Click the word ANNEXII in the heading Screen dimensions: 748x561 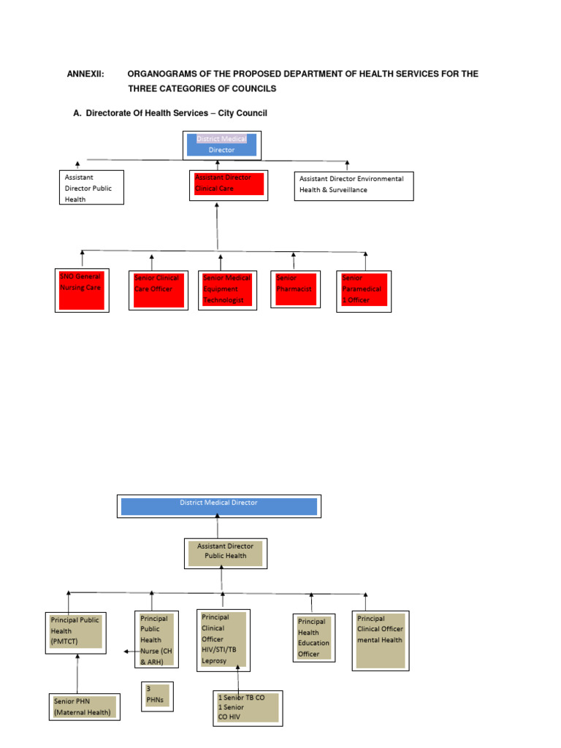pyautogui.click(x=86, y=75)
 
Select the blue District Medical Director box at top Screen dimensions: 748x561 pyautogui.click(x=221, y=145)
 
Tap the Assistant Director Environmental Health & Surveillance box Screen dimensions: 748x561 pyautogui.click(x=354, y=186)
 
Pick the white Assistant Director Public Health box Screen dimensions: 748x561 pyautogui.click(x=92, y=188)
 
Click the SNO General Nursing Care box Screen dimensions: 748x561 pyautogui.click(x=82, y=290)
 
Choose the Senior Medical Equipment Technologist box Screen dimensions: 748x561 pyautogui.click(x=227, y=290)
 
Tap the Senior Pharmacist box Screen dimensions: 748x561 pyautogui.click(x=295, y=290)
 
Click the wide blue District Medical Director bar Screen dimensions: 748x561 pyautogui.click(x=218, y=506)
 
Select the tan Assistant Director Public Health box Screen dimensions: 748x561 pyautogui.click(x=225, y=553)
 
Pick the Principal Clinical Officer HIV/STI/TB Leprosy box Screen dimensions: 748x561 pyautogui.click(x=224, y=640)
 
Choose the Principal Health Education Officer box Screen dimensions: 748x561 pyautogui.click(x=314, y=638)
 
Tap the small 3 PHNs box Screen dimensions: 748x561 pyautogui.click(x=156, y=695)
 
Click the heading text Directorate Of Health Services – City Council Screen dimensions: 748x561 pyautogui.click(x=176, y=113)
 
